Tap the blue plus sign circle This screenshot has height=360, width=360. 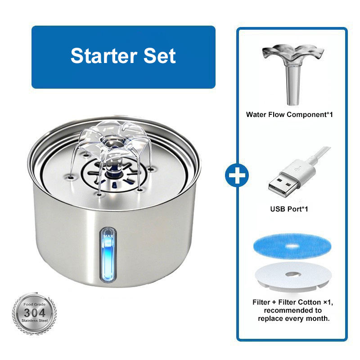(x=238, y=175)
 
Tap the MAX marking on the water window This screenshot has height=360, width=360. (x=108, y=235)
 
